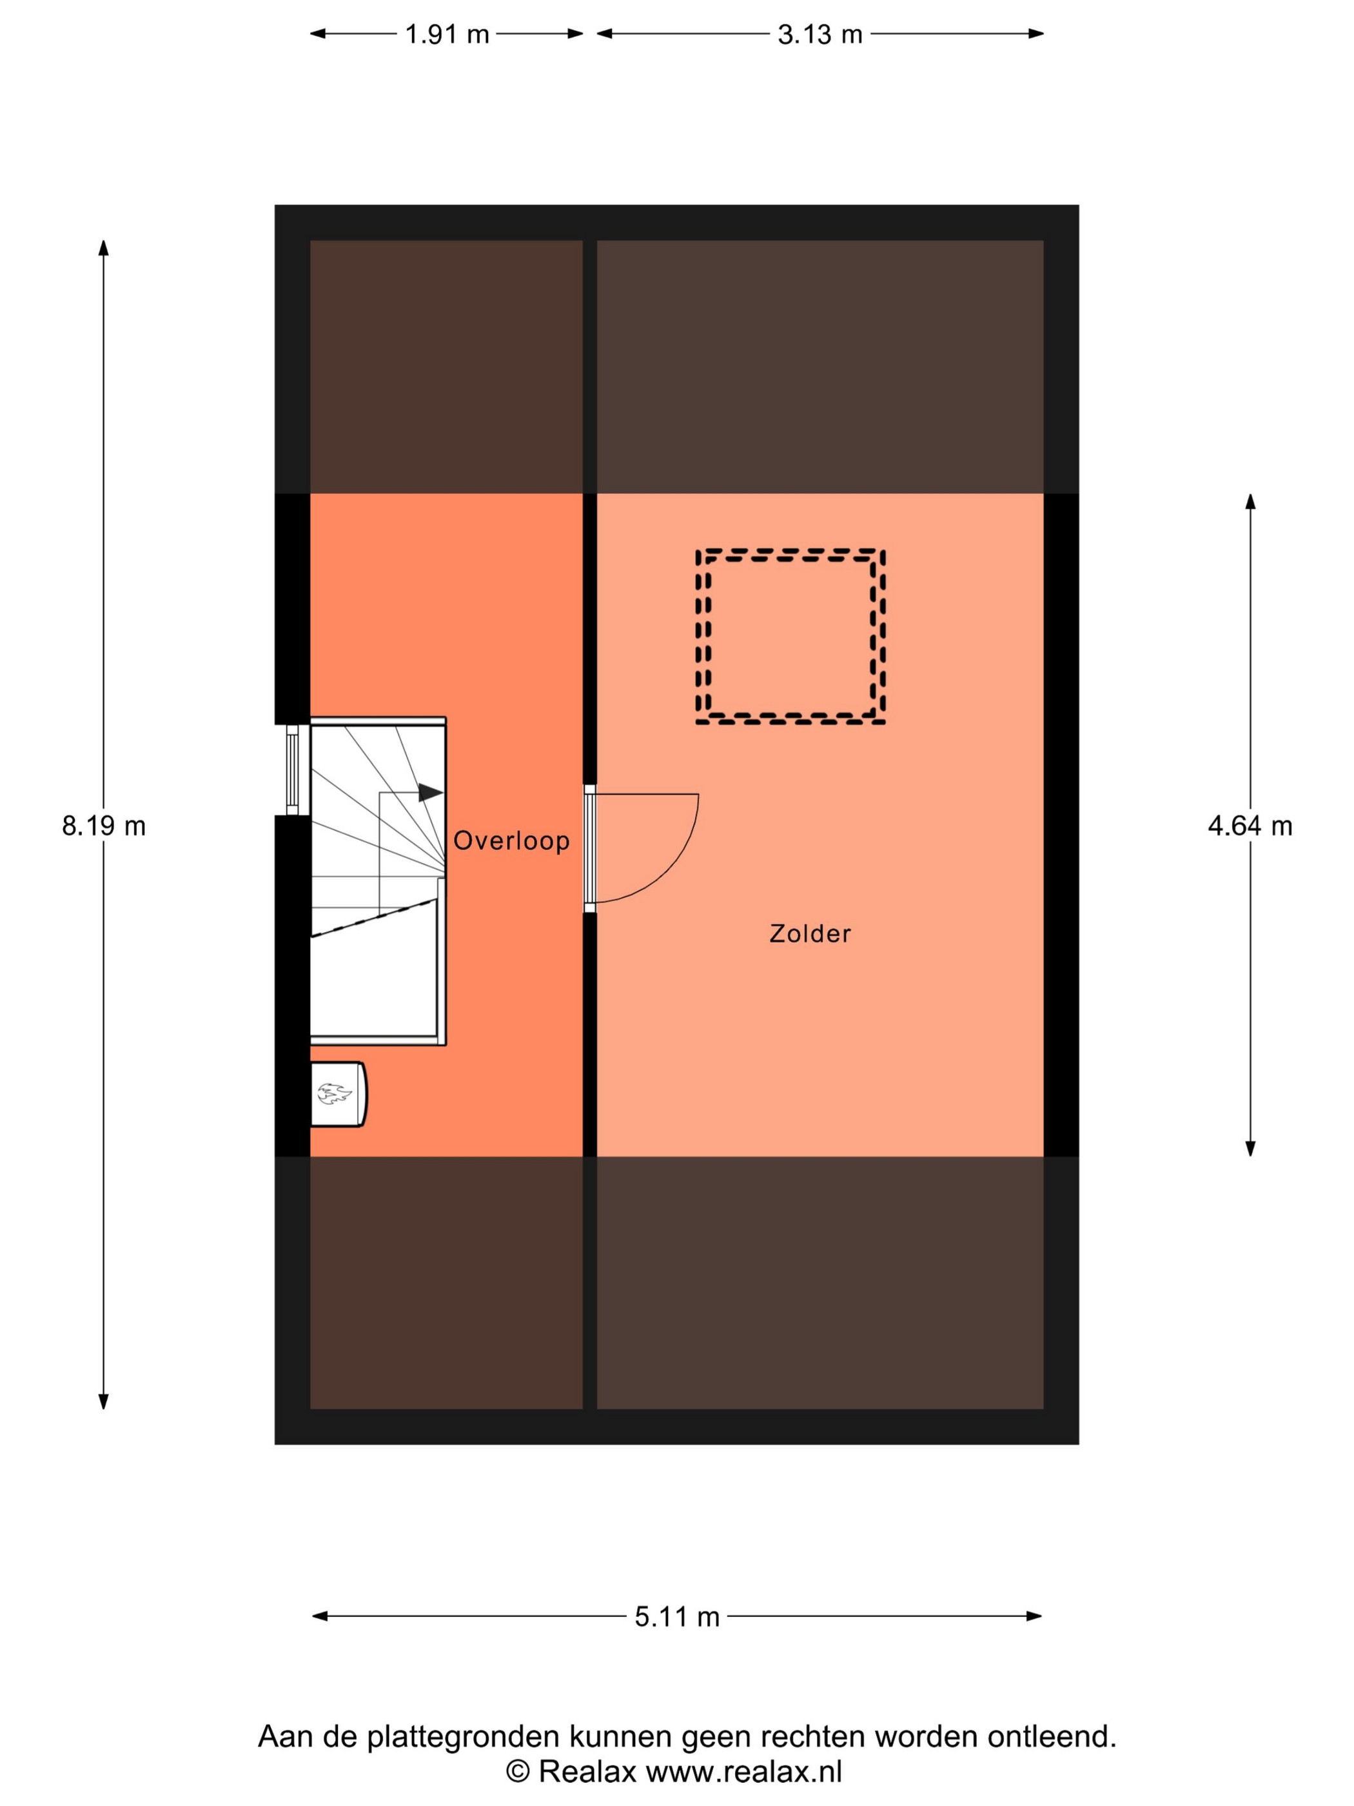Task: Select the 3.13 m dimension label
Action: point(819,34)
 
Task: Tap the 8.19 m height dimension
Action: point(104,826)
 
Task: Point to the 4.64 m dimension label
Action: point(1250,826)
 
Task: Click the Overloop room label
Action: point(511,840)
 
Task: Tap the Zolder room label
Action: point(810,933)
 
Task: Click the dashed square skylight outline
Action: point(790,551)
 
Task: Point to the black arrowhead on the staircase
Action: point(431,792)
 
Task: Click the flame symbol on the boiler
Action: point(334,1093)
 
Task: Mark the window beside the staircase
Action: point(292,770)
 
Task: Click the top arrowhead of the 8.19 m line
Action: point(104,248)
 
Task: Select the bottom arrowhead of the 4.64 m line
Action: point(1250,1148)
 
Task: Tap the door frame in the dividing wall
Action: point(589,848)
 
